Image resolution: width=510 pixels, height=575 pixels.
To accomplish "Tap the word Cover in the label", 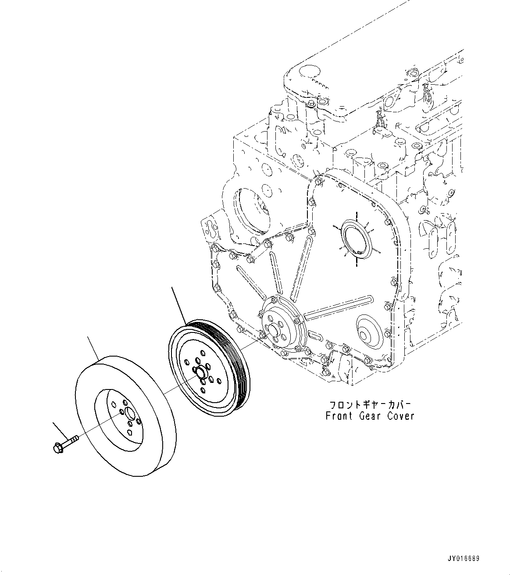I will pos(400,416).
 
